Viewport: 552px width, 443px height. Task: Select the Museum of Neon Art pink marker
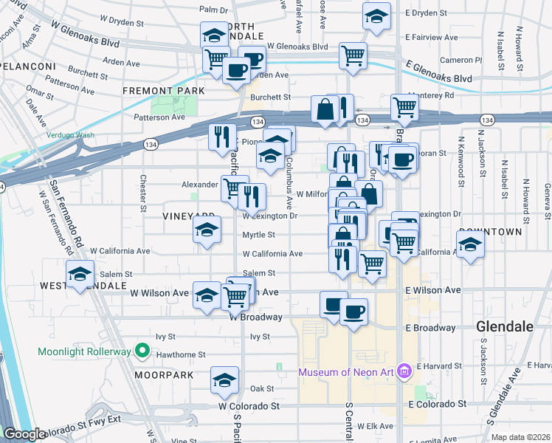[403, 371]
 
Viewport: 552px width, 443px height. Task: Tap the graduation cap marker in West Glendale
[80, 274]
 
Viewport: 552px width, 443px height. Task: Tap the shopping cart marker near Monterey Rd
[404, 107]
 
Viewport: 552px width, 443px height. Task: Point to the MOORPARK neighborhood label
[164, 375]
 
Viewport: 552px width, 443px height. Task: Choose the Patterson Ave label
[159, 117]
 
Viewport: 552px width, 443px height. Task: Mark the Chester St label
[143, 192]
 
